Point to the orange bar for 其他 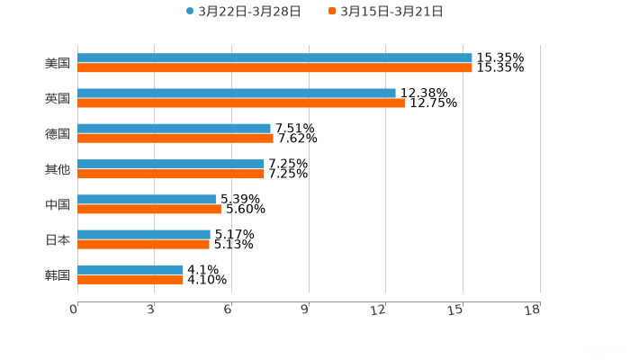[x=171, y=174]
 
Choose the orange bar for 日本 [x=143, y=244]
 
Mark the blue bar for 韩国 [x=130, y=269]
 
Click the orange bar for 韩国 [x=130, y=279]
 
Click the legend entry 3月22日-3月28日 [x=243, y=11]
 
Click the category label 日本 [x=58, y=239]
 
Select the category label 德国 [x=58, y=133]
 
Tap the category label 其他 [x=58, y=169]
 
